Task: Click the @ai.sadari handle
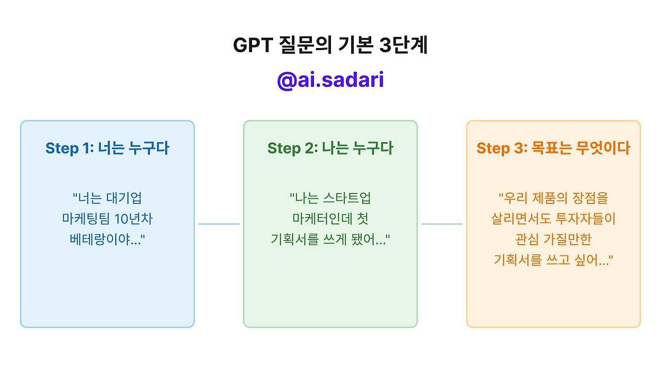click(330, 81)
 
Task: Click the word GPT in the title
click(253, 45)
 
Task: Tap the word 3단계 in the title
click(404, 45)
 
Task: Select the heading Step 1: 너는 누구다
click(107, 148)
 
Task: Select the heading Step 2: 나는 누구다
click(330, 148)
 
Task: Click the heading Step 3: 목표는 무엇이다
click(553, 148)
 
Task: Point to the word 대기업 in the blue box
click(124, 198)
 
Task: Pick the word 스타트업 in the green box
click(347, 198)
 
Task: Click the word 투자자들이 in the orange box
click(586, 219)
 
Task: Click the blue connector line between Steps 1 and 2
click(219, 224)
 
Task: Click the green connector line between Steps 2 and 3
click(442, 224)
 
